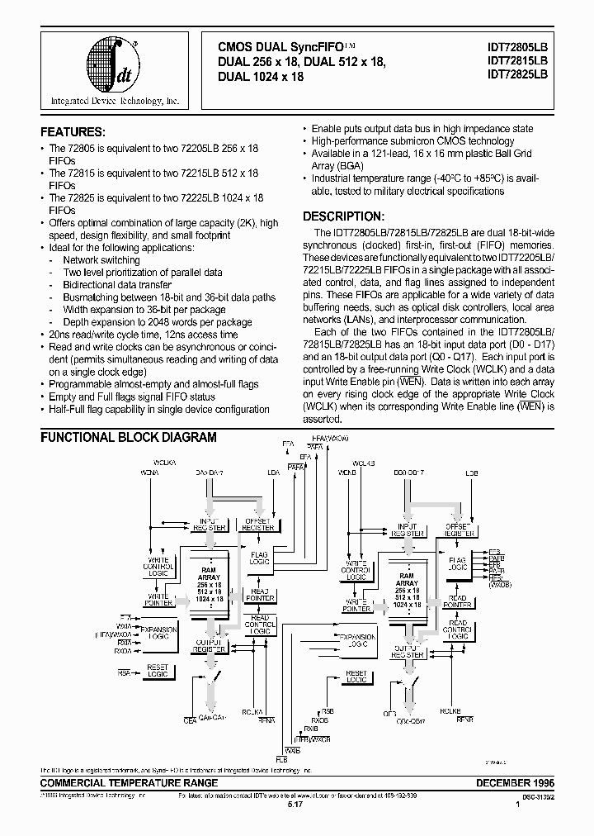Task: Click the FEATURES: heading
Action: [73, 132]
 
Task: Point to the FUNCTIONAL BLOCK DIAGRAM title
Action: [129, 438]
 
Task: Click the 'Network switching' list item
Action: [101, 260]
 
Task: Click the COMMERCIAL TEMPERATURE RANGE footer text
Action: [130, 782]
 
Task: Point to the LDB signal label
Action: [472, 473]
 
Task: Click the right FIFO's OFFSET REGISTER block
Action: [459, 529]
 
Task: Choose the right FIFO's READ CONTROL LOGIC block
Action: [458, 629]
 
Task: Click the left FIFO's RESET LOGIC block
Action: [158, 672]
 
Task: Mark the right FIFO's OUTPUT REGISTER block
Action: [407, 652]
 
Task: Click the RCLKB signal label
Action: [450, 710]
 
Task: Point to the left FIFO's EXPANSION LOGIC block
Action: [158, 633]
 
